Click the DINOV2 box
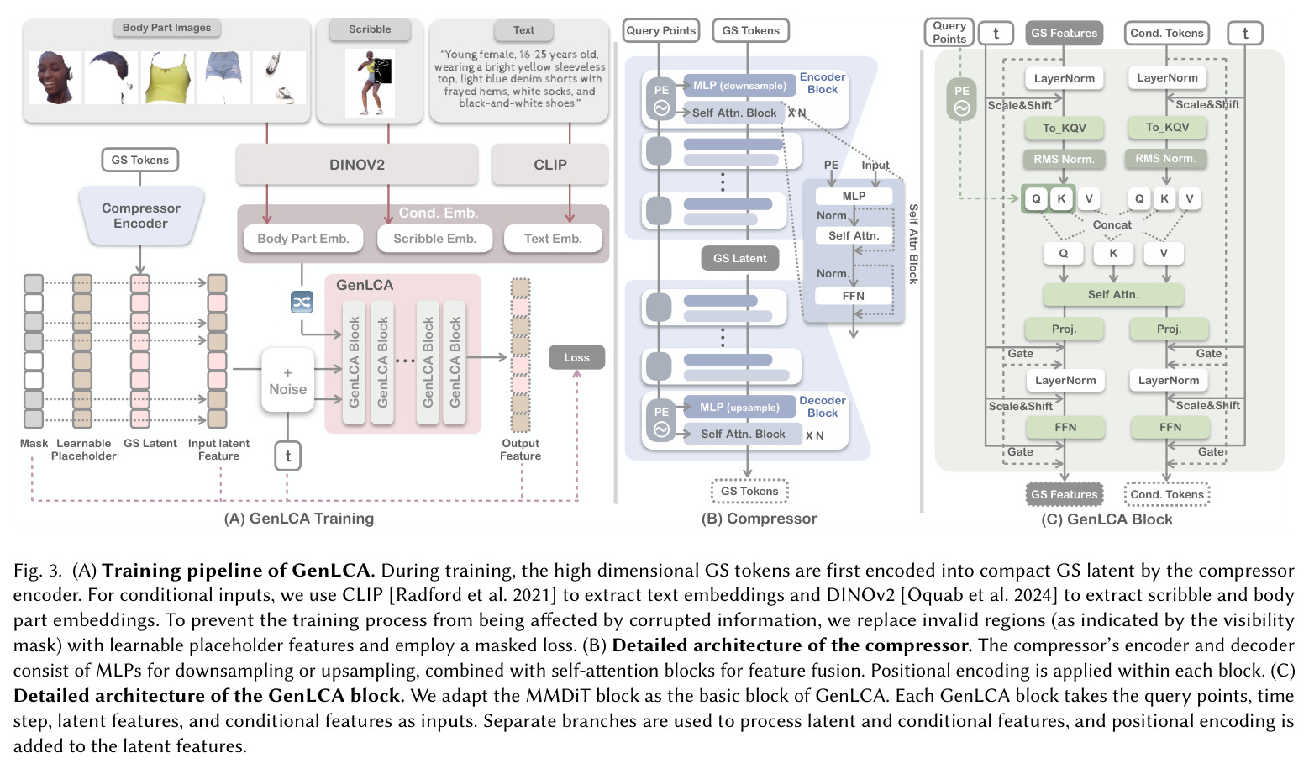pyautogui.click(x=357, y=164)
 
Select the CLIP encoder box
pyautogui.click(x=549, y=164)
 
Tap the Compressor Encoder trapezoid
pyautogui.click(x=141, y=216)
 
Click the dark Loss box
pyautogui.click(x=576, y=357)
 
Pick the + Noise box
pyautogui.click(x=287, y=381)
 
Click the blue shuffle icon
pyautogui.click(x=302, y=302)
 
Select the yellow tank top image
pyautogui.click(x=167, y=77)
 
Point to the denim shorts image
pyautogui.click(x=223, y=77)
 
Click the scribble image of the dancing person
pyautogui.click(x=370, y=83)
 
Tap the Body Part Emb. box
pyautogui.click(x=303, y=239)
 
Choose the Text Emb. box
pyautogui.click(x=553, y=239)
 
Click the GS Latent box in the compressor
pyautogui.click(x=740, y=258)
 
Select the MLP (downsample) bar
pyautogui.click(x=739, y=86)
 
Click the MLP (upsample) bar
pyautogui.click(x=739, y=408)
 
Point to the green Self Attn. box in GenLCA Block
pyautogui.click(x=1113, y=294)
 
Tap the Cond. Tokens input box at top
pyautogui.click(x=1166, y=34)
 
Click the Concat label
pyautogui.click(x=1112, y=225)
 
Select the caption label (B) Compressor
pyautogui.click(x=760, y=519)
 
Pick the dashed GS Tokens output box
pyautogui.click(x=749, y=491)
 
